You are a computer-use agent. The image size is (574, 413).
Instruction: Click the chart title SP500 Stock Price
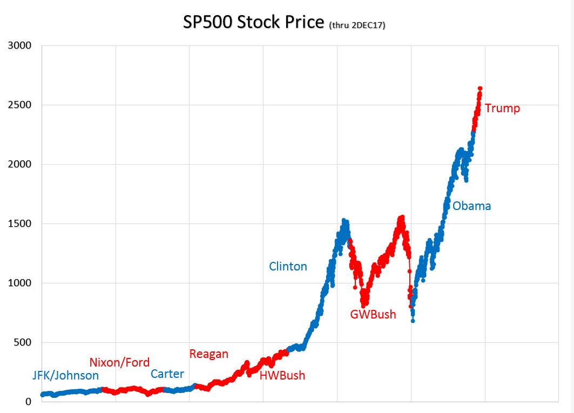pyautogui.click(x=253, y=23)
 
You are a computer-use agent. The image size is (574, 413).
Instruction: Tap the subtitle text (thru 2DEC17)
pyautogui.click(x=357, y=25)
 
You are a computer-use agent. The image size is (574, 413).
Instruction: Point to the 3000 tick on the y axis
pyautogui.click(x=19, y=45)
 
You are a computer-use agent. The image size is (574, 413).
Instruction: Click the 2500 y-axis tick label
pyautogui.click(x=19, y=105)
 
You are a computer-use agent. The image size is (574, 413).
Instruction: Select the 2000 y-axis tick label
pyautogui.click(x=19, y=164)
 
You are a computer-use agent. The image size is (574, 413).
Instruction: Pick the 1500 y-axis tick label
pyautogui.click(x=19, y=224)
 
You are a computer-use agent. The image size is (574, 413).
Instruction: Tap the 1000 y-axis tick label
pyautogui.click(x=19, y=283)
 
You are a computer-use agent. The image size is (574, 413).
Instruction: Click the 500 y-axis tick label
pyautogui.click(x=22, y=342)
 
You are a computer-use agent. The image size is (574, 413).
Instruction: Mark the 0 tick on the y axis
pyautogui.click(x=29, y=402)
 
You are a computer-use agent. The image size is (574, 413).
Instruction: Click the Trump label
pyautogui.click(x=502, y=109)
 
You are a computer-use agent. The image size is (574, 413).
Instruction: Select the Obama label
pyautogui.click(x=471, y=206)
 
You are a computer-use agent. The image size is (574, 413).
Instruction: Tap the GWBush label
pyautogui.click(x=373, y=314)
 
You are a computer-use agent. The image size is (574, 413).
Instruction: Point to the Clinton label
pyautogui.click(x=288, y=266)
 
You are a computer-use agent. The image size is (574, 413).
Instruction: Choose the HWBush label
pyautogui.click(x=282, y=375)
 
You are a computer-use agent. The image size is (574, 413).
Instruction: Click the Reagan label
pyautogui.click(x=208, y=354)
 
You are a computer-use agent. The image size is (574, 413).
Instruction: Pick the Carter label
pyautogui.click(x=167, y=374)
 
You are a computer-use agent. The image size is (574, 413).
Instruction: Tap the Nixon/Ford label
pyautogui.click(x=119, y=362)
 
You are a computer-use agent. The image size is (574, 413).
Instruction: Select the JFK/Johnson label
pyautogui.click(x=65, y=375)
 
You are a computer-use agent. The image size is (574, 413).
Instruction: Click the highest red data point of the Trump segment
pyautogui.click(x=480, y=89)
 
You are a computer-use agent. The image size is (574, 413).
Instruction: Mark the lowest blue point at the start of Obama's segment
pyautogui.click(x=413, y=321)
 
